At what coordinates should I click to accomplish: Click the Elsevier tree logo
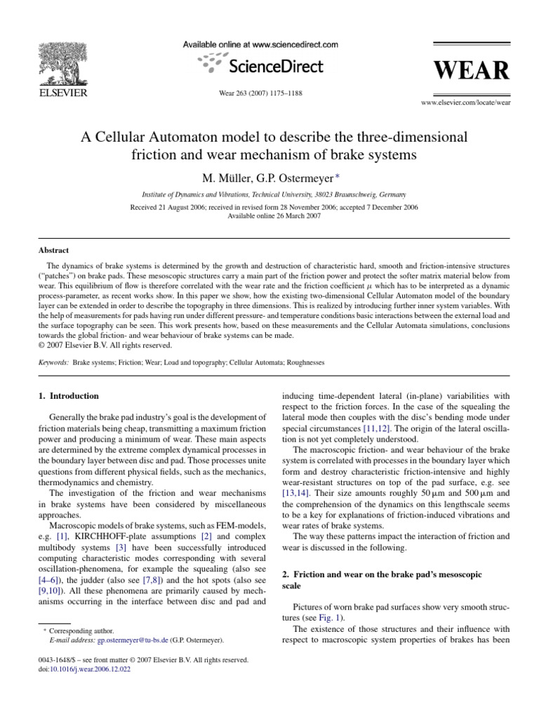[62, 60]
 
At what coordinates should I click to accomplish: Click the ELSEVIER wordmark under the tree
[61, 92]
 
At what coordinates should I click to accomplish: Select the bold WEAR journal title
[471, 72]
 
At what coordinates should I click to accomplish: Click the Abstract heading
[53, 249]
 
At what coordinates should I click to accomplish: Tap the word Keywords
[53, 362]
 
